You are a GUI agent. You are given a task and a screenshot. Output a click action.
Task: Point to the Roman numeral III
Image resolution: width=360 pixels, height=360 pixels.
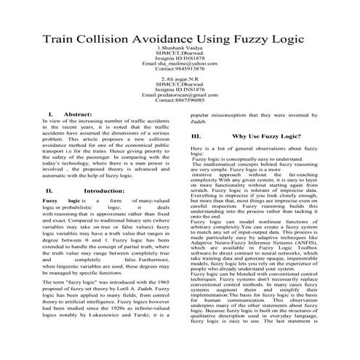point(196,136)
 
